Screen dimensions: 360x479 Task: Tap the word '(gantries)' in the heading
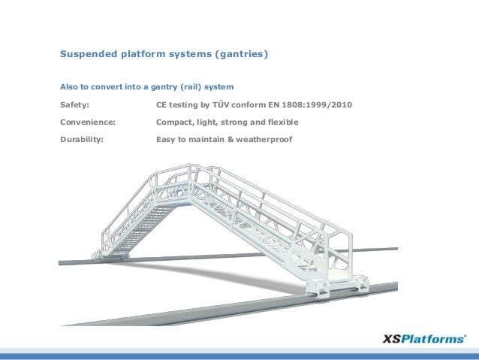pyautogui.click(x=239, y=55)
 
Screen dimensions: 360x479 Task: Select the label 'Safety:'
pyautogui.click(x=74, y=104)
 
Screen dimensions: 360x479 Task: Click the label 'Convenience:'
pyautogui.click(x=87, y=122)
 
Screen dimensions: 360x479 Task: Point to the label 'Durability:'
pyautogui.click(x=82, y=139)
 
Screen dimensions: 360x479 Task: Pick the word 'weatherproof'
pyautogui.click(x=264, y=139)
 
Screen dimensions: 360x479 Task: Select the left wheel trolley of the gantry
pyautogui.click(x=99, y=256)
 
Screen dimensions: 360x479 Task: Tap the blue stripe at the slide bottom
pyautogui.click(x=239, y=355)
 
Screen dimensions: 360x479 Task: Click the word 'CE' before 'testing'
pyautogui.click(x=161, y=104)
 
